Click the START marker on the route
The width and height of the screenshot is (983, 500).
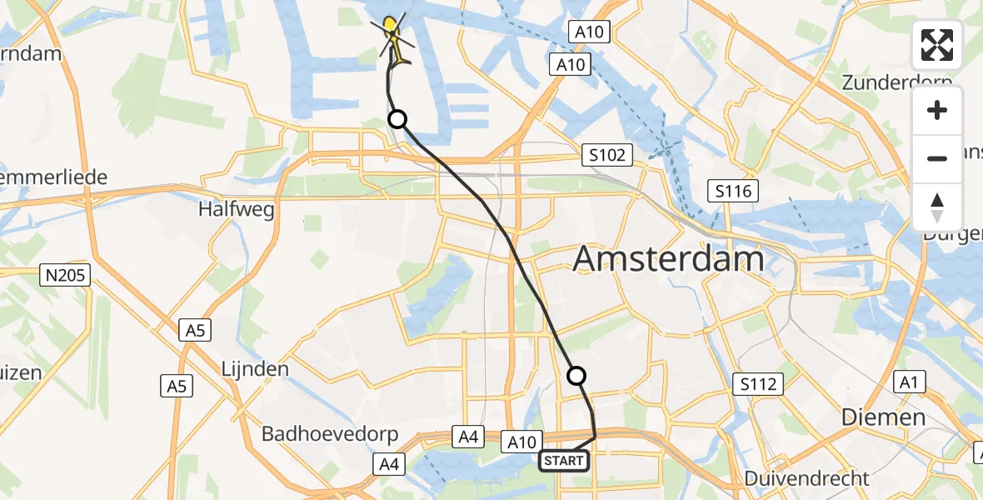[564, 460]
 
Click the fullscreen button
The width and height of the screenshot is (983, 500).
[937, 45]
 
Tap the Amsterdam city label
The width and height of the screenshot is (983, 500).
[669, 259]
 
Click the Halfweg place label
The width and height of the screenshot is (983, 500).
[237, 210]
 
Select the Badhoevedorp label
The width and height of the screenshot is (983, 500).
[330, 434]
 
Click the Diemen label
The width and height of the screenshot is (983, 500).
[883, 417]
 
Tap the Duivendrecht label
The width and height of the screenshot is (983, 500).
[806, 479]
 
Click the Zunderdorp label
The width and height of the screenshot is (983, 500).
[896, 82]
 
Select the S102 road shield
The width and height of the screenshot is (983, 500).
[608, 155]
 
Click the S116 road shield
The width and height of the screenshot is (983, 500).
[733, 192]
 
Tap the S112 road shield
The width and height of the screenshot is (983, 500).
[758, 384]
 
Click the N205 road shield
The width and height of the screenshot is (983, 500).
[66, 274]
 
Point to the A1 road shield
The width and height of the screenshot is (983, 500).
[910, 382]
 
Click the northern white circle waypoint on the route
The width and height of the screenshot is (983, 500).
[398, 119]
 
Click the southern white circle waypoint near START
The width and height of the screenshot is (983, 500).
[576, 376]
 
